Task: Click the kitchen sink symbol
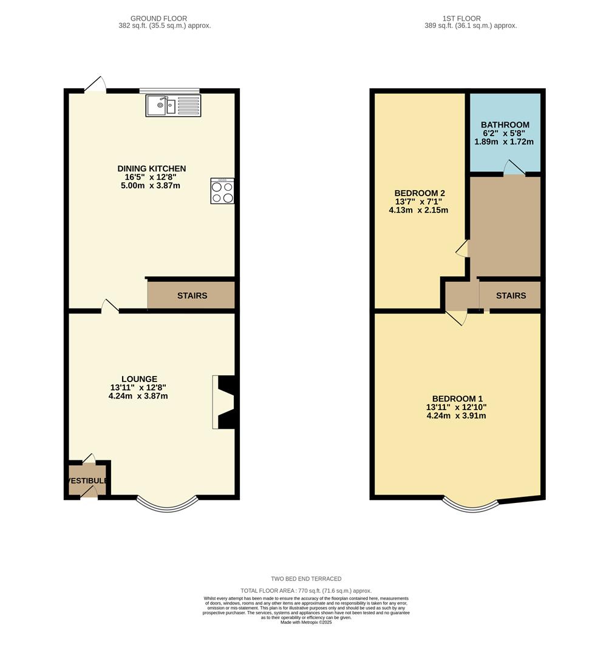tap(173, 106)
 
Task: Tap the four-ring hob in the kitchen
tap(222, 191)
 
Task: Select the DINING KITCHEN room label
tap(152, 169)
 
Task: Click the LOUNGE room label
tap(138, 379)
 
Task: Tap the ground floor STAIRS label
tap(192, 296)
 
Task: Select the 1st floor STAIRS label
tap(511, 296)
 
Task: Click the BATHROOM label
tap(505, 125)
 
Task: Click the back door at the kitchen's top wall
tap(95, 86)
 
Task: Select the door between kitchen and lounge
tap(110, 306)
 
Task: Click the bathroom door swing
tap(514, 169)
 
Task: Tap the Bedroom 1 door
tap(456, 317)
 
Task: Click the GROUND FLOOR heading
tap(159, 19)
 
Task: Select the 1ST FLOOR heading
tap(462, 19)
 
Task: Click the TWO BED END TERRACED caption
tap(306, 579)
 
